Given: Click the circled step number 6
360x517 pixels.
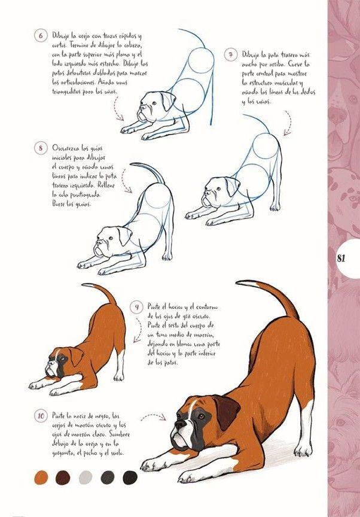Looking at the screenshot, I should coord(41,35).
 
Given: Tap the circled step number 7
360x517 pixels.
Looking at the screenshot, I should coord(230,54).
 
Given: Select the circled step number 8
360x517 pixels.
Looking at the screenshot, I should coord(41,147).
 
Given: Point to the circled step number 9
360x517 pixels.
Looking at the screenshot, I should coord(136,308).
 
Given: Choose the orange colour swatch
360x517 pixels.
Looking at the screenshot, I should coord(41,477).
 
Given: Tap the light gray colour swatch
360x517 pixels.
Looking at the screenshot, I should coord(86,477).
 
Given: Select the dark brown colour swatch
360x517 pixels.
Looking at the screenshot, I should coord(63,477).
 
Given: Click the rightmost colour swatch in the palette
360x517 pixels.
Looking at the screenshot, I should coord(130,477).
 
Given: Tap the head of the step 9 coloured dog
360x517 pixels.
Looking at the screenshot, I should coord(61,362).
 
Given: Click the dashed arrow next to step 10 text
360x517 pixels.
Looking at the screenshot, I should coord(154,417).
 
